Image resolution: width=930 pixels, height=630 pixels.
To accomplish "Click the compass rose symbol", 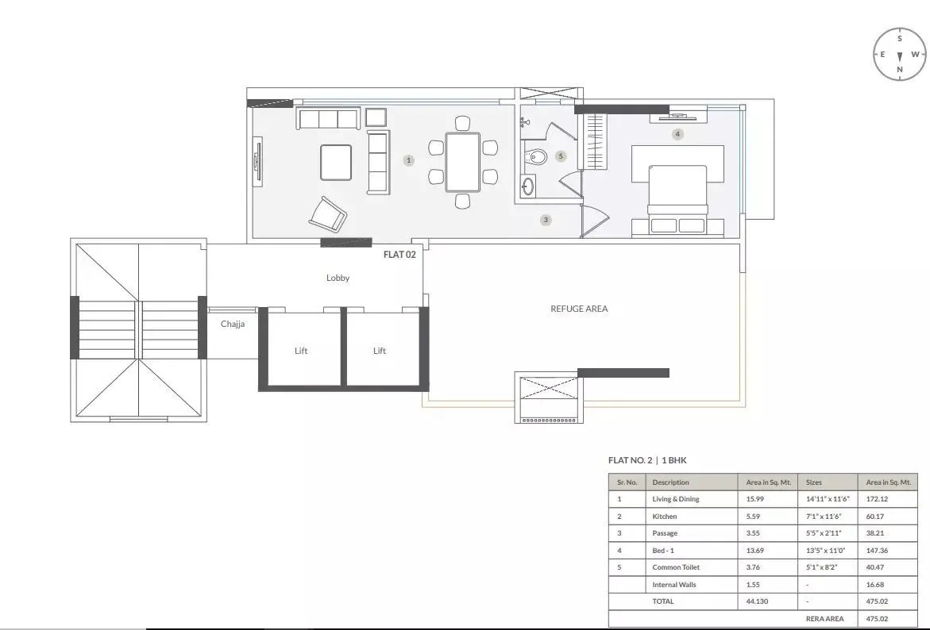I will coord(899,55).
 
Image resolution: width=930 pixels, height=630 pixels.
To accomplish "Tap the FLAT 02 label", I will coord(399,255).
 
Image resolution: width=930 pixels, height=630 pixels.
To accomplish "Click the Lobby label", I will coord(338,279).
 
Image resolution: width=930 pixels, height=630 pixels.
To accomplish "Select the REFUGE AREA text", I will coord(579,309).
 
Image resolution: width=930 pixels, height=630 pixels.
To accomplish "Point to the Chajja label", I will coord(233,324).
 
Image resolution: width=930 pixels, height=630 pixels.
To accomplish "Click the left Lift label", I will coord(301,351).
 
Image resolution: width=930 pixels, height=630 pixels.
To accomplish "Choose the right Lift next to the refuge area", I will coord(380,351).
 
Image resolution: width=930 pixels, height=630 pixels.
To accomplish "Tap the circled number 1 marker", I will coord(409,160).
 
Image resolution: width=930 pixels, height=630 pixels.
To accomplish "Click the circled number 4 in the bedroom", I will coord(677,134).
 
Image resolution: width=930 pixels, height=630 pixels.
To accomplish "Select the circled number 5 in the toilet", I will coord(561,156).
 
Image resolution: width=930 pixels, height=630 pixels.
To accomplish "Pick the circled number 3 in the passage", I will coord(546,220).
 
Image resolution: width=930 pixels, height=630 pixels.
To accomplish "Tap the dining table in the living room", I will coord(462,162).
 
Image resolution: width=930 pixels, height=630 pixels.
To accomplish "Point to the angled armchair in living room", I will coord(328,213).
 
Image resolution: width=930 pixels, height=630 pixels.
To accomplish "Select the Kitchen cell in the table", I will coord(665,517).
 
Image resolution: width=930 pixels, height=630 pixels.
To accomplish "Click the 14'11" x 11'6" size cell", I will coord(824,499).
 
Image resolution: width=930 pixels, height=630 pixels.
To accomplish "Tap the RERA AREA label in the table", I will coord(824,618).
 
